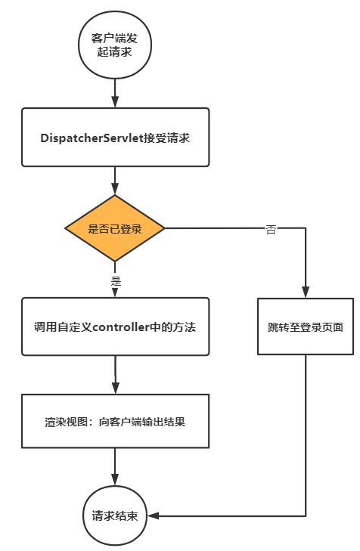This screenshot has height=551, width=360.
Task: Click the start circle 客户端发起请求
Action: [x=114, y=46]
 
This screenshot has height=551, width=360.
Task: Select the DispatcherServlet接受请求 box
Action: [x=114, y=137]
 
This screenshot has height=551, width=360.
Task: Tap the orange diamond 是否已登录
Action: [x=115, y=228]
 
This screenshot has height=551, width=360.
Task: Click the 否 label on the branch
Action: [x=271, y=229]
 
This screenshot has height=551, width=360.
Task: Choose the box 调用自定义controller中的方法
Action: [x=114, y=327]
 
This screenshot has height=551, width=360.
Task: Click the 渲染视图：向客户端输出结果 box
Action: [x=114, y=421]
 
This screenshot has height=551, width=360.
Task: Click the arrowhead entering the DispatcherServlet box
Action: [x=114, y=102]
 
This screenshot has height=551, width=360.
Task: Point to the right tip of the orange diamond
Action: [x=164, y=228]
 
